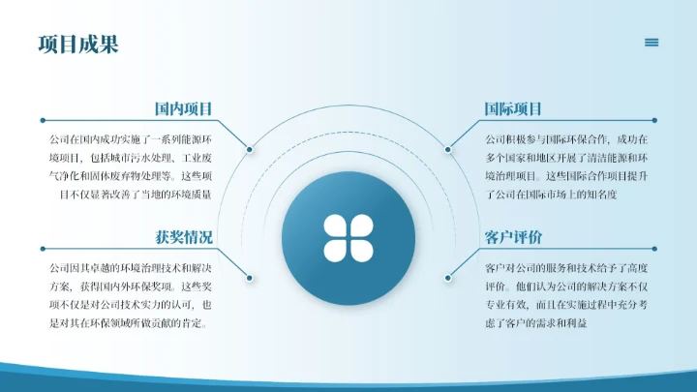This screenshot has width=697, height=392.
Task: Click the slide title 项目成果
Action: (78, 45)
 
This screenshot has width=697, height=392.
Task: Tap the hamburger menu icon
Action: (652, 42)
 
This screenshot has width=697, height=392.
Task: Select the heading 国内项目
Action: (184, 108)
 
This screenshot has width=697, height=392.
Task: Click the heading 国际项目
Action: (513, 108)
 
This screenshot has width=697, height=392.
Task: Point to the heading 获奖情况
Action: (184, 237)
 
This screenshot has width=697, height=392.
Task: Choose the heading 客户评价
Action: (513, 237)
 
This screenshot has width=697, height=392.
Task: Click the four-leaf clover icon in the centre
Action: (348, 237)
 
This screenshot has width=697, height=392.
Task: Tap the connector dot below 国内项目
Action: (250, 150)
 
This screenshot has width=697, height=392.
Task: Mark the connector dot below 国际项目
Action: (448, 150)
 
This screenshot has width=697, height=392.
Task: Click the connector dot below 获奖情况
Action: (250, 279)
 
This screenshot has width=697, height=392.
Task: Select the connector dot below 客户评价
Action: (448, 279)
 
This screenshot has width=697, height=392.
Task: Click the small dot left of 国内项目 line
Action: (41, 120)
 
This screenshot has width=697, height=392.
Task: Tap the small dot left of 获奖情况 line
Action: (41, 249)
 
